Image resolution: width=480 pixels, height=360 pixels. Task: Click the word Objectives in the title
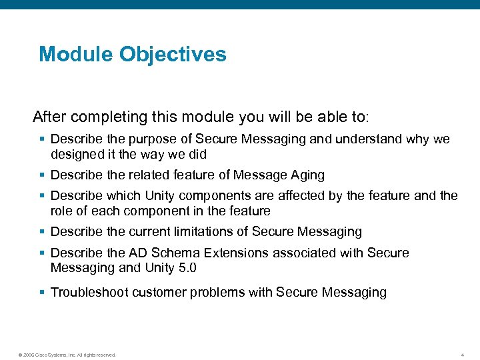[x=173, y=54]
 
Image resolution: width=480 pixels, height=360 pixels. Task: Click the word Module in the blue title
[x=76, y=54]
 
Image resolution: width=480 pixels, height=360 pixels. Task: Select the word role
[x=61, y=211]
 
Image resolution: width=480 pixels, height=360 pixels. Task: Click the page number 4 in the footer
[x=462, y=355]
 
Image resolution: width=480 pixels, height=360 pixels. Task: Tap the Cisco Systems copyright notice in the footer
[x=67, y=355]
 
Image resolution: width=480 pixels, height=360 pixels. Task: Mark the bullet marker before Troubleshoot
[x=43, y=292]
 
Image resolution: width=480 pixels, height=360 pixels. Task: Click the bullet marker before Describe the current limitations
[x=43, y=232]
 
